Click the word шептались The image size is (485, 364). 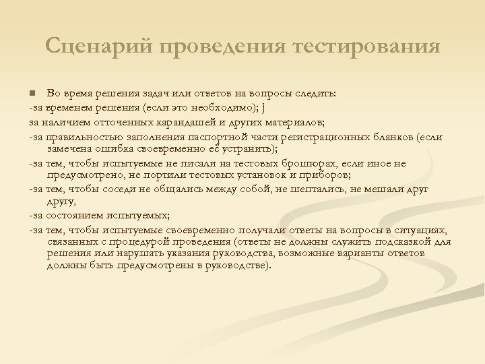click(x=322, y=189)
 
